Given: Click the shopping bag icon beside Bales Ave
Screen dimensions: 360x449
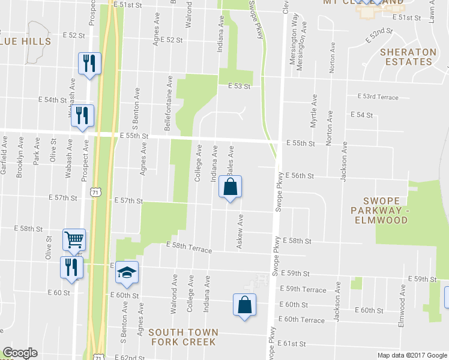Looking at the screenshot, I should pos(230,188).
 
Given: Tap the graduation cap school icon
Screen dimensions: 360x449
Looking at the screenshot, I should pos(127,274).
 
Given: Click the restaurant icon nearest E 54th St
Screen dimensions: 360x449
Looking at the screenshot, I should pos(82,115).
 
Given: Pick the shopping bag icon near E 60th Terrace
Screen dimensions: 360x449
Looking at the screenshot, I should pos(244,305).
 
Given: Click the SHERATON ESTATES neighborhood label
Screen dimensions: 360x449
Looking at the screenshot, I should pos(408,56).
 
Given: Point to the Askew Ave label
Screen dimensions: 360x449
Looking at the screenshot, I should pos(240,232).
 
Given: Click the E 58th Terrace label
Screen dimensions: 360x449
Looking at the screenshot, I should pos(189,247).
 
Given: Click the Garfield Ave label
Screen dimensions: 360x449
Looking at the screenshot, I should pos(4,157).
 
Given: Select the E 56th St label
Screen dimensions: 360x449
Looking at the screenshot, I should pos(300,176).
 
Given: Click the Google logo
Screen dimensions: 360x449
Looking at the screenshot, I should pos(20,353).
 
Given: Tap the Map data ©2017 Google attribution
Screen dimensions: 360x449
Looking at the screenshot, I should pos(411,355).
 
